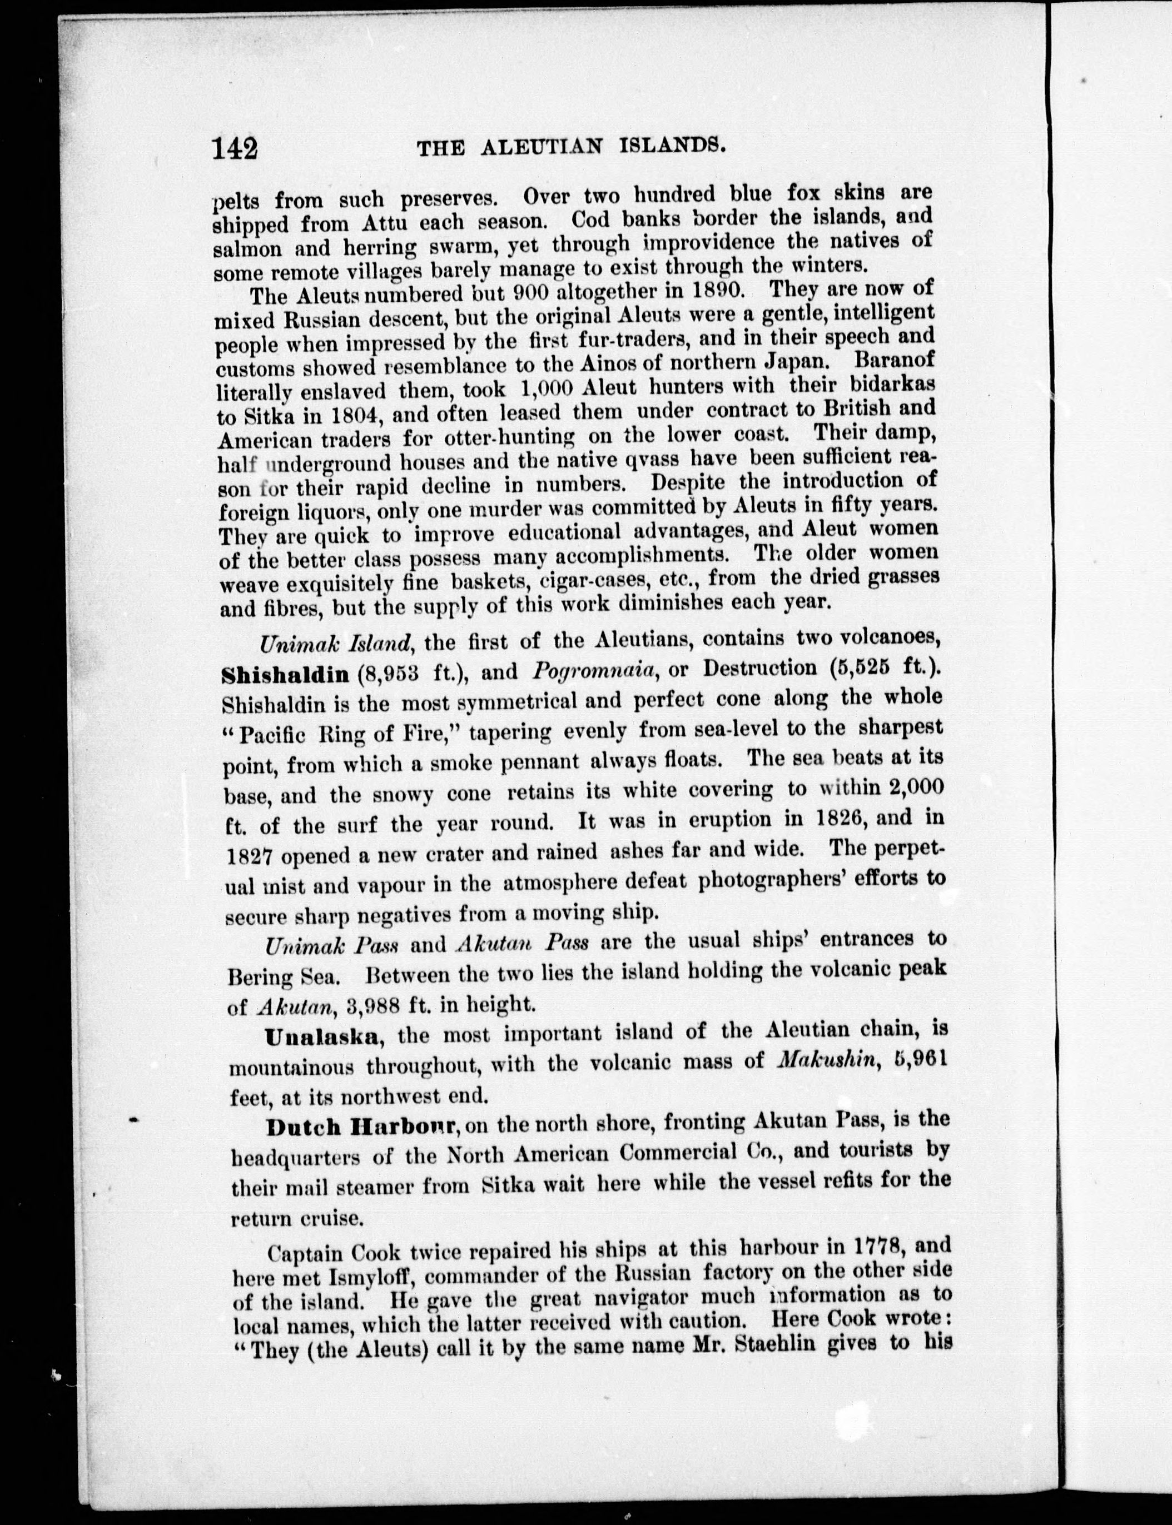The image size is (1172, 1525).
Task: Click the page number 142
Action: coord(236,148)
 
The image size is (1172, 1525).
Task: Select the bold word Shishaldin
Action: coord(285,674)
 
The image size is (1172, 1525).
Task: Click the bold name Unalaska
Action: coord(323,1036)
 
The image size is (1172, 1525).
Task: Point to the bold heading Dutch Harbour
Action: coord(362,1127)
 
